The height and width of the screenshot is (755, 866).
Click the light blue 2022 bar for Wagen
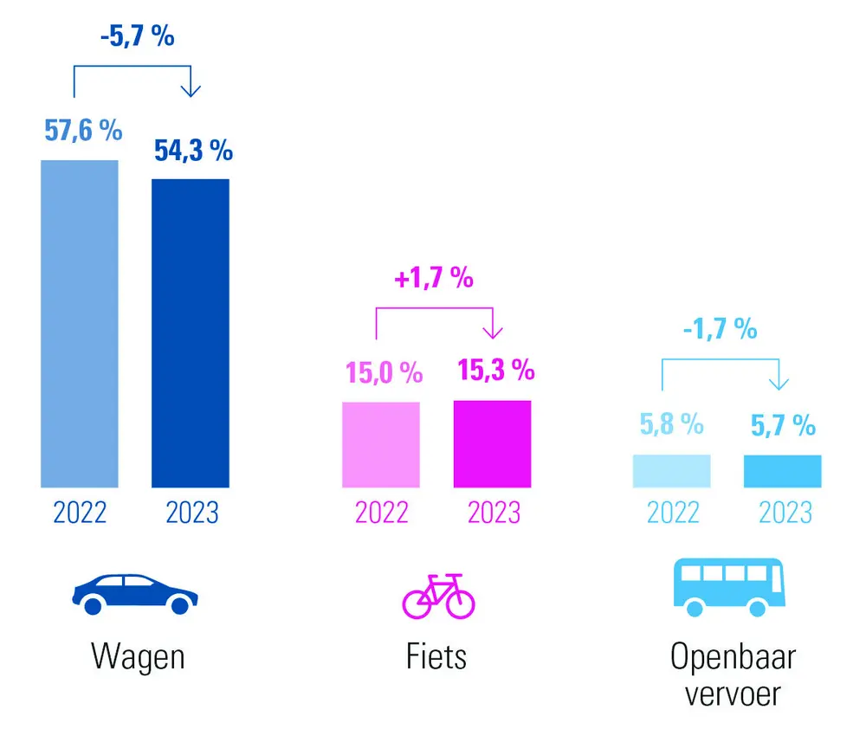[79, 324]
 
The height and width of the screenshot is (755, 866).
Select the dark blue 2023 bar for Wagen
[191, 333]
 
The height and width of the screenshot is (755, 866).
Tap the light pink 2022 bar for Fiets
[381, 445]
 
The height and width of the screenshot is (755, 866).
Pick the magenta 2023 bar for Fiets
[492, 444]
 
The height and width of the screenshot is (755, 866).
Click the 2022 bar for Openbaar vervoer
[672, 471]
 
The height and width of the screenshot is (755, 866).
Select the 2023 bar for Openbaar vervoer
[783, 471]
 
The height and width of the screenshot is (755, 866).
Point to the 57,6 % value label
[83, 131]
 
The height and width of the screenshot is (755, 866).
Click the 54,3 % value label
[193, 150]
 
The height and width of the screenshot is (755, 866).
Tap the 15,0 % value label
[385, 373]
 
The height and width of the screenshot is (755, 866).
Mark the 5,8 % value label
[671, 424]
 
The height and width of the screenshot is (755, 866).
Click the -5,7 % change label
[136, 37]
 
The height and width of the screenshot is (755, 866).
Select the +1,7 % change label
[435, 279]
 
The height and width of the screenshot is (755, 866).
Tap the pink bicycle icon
[439, 597]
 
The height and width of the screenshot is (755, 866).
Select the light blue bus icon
[730, 587]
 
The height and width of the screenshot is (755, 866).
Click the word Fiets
[436, 656]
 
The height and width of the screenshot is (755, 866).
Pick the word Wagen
[138, 657]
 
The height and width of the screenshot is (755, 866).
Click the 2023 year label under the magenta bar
[494, 513]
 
